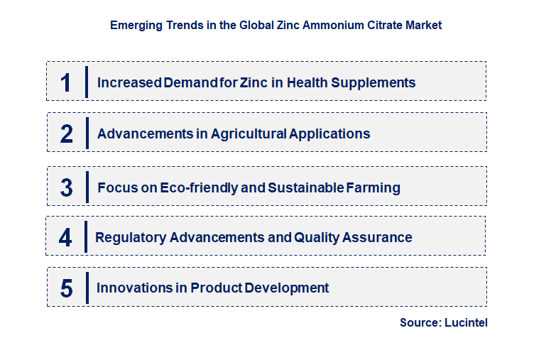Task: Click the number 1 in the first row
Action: (x=65, y=82)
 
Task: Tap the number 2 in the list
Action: (x=66, y=133)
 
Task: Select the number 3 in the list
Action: (x=66, y=187)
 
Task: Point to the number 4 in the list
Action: (x=65, y=237)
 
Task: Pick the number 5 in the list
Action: (x=66, y=288)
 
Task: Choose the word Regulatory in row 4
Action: (x=131, y=238)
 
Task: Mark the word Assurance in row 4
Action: (x=378, y=238)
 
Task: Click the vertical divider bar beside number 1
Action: (x=87, y=82)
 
